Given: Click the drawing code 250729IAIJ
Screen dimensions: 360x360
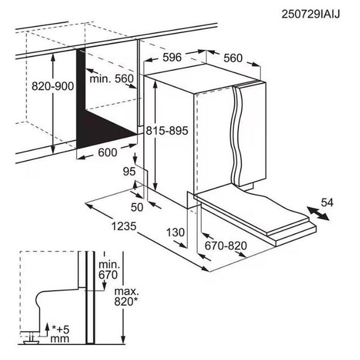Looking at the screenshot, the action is pos(311,14).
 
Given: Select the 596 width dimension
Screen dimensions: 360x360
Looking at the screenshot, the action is pos(172,57).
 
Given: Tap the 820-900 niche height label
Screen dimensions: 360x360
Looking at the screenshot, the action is pos(53,86).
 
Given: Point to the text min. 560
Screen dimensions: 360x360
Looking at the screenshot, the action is pos(112,79).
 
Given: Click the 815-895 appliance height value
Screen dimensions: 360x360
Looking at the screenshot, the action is pos(167,131).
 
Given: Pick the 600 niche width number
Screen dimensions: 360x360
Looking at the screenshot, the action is pos(107,152).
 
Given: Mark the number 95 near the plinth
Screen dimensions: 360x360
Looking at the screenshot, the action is pos(129,171).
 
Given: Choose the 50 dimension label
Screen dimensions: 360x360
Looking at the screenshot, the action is pos(137,207).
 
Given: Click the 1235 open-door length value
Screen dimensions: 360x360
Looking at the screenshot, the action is pos(124,226).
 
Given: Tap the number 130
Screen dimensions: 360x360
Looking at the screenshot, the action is pos(175,232).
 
